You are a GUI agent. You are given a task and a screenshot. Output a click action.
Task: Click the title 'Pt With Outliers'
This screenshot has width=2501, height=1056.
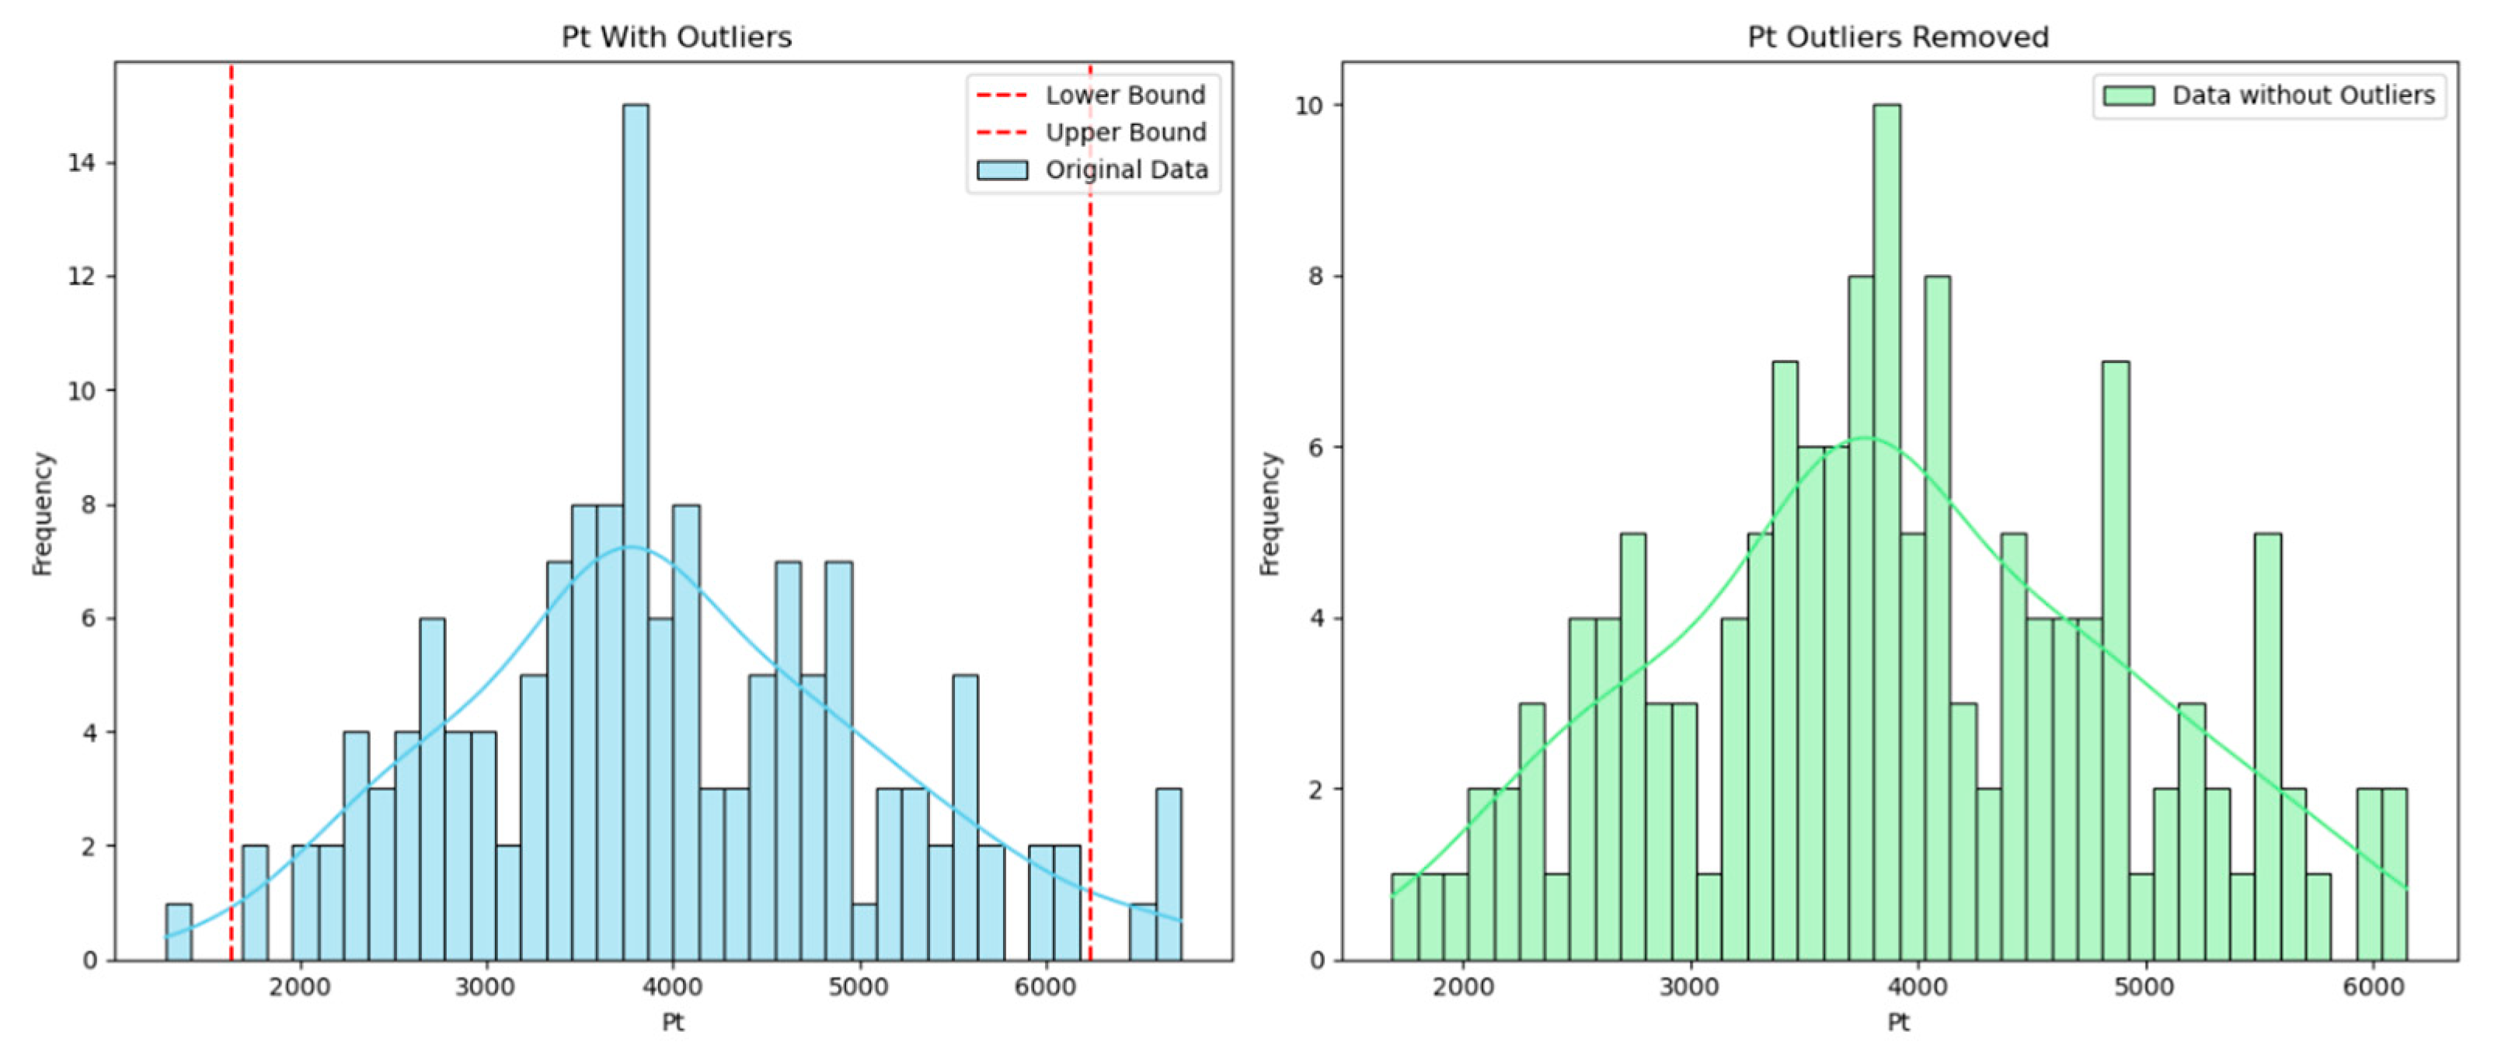click(676, 37)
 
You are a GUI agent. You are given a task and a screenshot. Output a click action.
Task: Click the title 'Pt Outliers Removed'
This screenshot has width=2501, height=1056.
click(1897, 37)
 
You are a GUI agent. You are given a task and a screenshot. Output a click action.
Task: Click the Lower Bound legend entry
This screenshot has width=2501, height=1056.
click(1124, 95)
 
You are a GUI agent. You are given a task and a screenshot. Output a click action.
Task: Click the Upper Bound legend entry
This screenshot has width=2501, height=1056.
click(1124, 132)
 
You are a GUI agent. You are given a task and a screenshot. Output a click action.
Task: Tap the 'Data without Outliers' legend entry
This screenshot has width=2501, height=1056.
click(2302, 95)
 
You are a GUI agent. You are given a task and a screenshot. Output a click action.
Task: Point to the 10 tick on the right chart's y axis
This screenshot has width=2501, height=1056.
click(1310, 105)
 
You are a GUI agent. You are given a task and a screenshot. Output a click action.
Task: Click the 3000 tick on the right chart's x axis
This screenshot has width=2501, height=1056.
click(1691, 987)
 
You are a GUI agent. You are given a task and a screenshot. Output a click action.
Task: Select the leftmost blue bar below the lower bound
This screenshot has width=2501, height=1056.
click(179, 932)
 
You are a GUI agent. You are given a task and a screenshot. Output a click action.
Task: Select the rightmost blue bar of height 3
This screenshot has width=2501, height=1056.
click(1169, 873)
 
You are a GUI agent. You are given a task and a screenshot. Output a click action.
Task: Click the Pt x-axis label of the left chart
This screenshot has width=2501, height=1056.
click(673, 1022)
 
